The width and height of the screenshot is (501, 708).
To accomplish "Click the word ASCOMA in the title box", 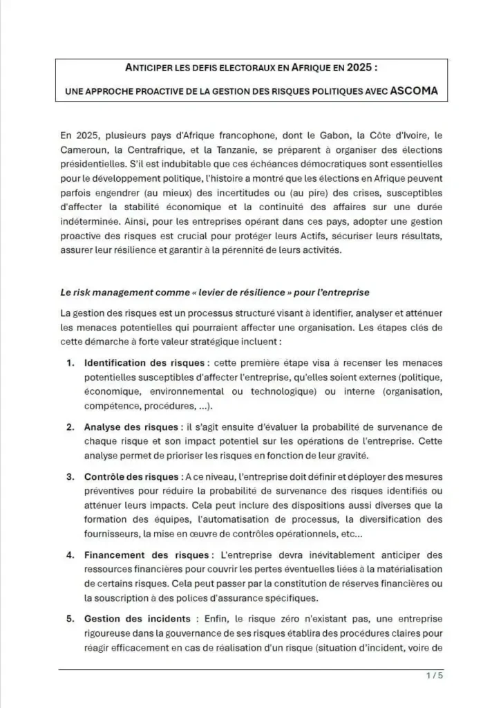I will pyautogui.click(x=415, y=91).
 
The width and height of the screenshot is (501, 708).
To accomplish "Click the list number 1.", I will pyautogui.click(x=70, y=363).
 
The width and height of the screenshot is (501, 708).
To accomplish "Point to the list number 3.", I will pyautogui.click(x=70, y=477).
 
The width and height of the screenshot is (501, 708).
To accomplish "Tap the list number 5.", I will pyautogui.click(x=70, y=619).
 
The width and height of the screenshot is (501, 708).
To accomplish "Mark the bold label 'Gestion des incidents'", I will pyautogui.click(x=135, y=619).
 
